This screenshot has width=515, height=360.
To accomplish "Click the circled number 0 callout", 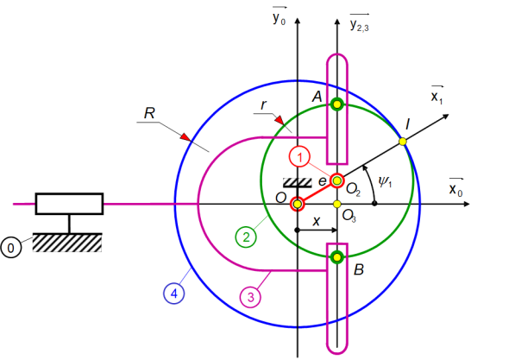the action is pos(11,247).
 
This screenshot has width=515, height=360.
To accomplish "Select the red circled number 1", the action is pos(299,157).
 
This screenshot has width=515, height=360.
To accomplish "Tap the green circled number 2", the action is pos(246,237).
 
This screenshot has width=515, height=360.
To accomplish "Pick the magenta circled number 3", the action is pos(251,297).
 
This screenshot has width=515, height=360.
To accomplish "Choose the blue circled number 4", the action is pos(173,293).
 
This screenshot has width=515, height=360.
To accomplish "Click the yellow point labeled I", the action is pos(403,142).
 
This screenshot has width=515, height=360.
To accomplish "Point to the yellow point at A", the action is pos(337,104).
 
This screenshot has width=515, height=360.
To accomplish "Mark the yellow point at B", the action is pos(337,257).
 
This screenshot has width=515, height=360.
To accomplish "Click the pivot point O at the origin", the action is pos(298,204).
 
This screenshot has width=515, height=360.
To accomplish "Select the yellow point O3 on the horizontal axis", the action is pos(337,204).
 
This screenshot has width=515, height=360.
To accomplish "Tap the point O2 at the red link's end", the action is pos(337,180).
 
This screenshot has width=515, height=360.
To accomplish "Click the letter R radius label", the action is pos(149,113).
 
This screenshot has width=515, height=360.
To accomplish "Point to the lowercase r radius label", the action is pos(263,104).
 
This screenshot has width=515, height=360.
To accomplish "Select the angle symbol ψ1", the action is pos(385,181).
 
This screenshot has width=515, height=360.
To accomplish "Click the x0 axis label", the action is pos(455,187).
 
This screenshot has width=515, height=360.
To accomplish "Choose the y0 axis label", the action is pos(279,16).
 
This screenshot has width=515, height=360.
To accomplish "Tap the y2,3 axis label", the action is pos(360,23).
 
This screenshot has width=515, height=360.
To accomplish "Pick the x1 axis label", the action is pos(436,95).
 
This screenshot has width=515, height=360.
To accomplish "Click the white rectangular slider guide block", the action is pos(69,204).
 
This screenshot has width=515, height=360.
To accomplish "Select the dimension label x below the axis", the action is pos(317,221).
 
